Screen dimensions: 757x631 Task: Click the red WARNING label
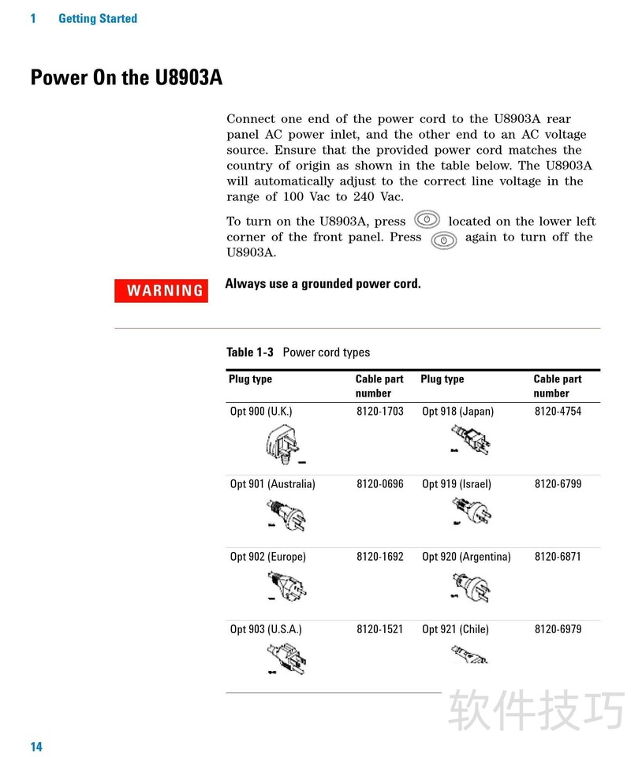[161, 290]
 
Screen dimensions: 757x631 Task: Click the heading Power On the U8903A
[126, 78]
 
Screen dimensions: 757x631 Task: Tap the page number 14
[36, 747]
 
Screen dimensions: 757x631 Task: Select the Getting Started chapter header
[98, 18]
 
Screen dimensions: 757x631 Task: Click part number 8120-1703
[379, 411]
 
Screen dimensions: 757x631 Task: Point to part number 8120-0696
[379, 483]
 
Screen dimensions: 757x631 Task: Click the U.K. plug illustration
[284, 444]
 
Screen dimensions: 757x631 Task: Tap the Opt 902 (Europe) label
[268, 556]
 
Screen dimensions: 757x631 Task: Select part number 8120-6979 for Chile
[558, 628]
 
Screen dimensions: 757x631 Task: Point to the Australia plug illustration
[286, 516]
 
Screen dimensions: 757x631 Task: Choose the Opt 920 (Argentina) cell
[466, 556]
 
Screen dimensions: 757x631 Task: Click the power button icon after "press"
[426, 220]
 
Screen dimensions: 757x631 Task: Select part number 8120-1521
[379, 628]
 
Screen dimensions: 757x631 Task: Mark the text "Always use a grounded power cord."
[323, 283]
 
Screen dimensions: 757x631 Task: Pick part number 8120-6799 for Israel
[558, 483]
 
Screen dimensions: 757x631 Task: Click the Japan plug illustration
[471, 439]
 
